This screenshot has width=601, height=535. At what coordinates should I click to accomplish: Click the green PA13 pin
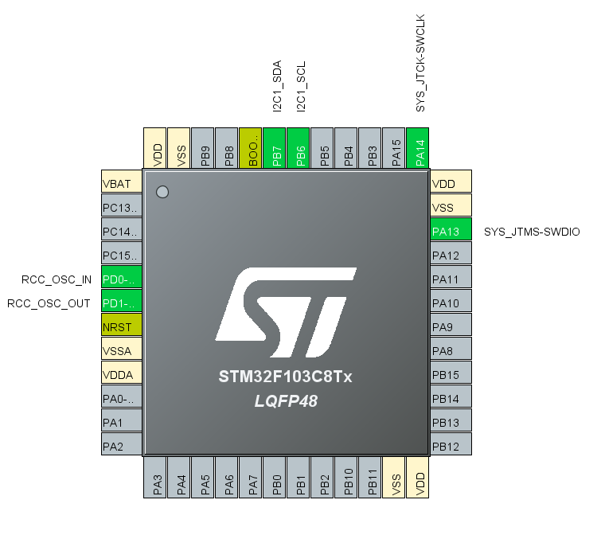point(451,232)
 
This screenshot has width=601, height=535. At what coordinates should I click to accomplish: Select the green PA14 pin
point(417,148)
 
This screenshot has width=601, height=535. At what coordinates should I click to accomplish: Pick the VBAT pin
point(122,183)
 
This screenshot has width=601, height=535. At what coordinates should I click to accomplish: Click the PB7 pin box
point(275,148)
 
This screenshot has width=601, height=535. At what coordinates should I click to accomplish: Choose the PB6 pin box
point(299,148)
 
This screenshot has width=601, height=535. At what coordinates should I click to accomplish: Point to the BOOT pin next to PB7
point(251,148)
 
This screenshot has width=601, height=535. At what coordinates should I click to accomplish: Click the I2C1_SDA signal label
point(277,87)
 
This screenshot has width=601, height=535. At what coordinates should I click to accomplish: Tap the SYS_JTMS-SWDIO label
point(532,232)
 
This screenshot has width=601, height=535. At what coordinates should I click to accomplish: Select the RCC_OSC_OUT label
point(49,303)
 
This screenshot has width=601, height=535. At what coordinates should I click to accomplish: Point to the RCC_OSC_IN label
point(56,279)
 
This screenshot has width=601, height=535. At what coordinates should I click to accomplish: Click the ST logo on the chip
point(285,310)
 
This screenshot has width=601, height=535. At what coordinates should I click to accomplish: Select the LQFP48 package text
point(285,401)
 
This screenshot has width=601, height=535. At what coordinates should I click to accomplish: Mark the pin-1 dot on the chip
point(162,192)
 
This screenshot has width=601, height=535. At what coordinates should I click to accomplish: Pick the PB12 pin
point(451,447)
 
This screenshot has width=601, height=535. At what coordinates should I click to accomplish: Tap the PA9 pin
point(451,327)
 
